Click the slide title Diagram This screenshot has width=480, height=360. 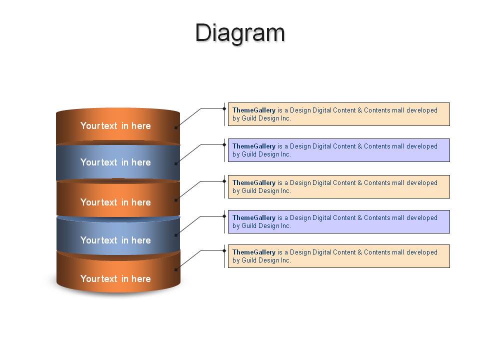tap(240, 33)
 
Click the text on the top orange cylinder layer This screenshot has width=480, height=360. tap(115, 126)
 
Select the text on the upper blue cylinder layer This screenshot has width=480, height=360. tap(115, 162)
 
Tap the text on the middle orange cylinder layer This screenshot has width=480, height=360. tap(115, 202)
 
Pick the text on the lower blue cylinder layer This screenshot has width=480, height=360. tap(115, 240)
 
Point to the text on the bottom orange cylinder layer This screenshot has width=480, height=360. tap(115, 279)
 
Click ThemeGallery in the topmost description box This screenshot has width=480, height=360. tap(254, 110)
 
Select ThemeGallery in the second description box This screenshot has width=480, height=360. tap(254, 146)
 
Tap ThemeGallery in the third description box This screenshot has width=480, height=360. tap(254, 183)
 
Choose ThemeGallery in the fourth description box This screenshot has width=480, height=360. tap(254, 218)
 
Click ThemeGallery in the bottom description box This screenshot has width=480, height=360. tap(254, 252)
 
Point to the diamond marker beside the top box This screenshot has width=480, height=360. tap(224, 108)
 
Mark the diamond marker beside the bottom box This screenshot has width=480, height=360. tap(224, 250)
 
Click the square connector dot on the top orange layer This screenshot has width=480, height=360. tap(176, 127)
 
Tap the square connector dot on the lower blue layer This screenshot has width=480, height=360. tap(176, 235)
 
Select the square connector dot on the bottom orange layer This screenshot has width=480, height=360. tap(176, 269)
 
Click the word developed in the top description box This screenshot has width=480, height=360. tap(422, 110)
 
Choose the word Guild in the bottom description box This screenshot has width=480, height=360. tap(249, 260)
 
